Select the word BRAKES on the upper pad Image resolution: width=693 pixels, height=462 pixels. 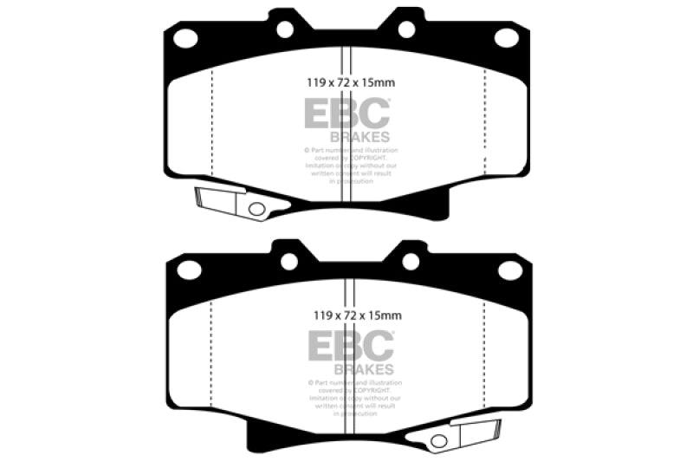(x=360, y=136)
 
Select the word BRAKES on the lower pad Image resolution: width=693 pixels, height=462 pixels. (x=360, y=368)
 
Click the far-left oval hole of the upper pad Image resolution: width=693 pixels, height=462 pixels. (x=185, y=37)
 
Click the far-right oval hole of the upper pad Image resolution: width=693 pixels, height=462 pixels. (x=507, y=37)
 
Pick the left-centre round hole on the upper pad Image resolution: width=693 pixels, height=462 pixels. (x=285, y=29)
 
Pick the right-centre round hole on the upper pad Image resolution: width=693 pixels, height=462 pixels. (x=407, y=29)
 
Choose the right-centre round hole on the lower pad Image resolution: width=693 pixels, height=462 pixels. (x=411, y=261)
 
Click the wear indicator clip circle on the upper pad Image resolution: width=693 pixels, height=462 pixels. (x=256, y=209)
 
